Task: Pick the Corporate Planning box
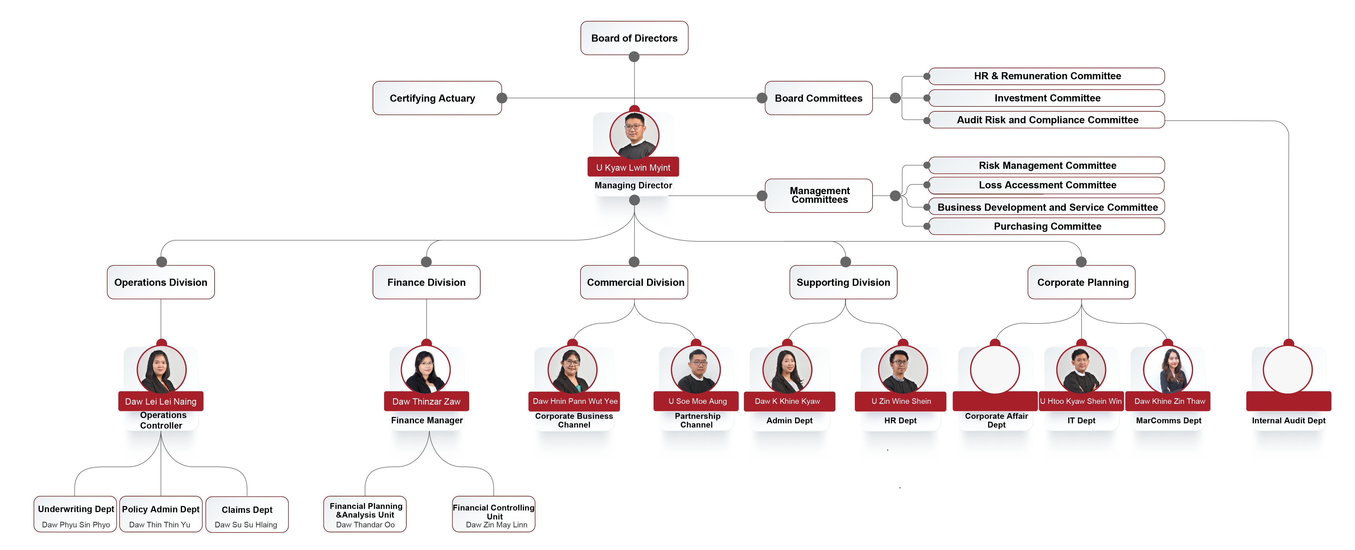pos(1082,282)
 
